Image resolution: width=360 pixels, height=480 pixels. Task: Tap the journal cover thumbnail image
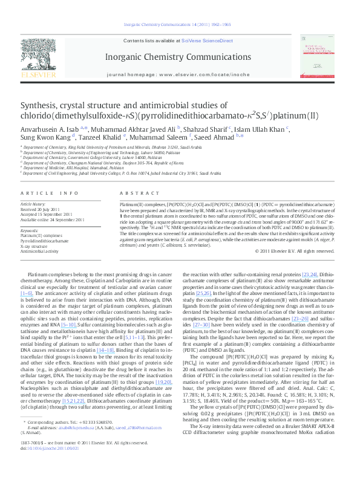click(318, 59)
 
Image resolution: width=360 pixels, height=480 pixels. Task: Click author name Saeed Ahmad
click(220, 138)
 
